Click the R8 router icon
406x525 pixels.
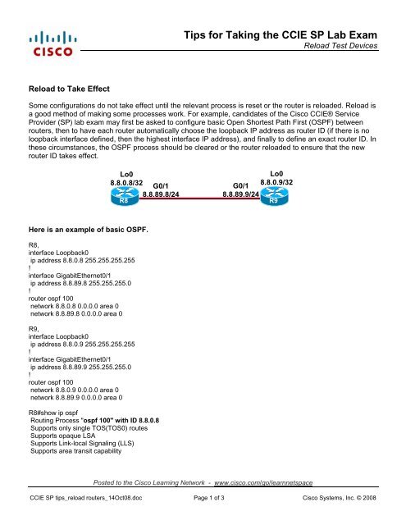click(x=124, y=198)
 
